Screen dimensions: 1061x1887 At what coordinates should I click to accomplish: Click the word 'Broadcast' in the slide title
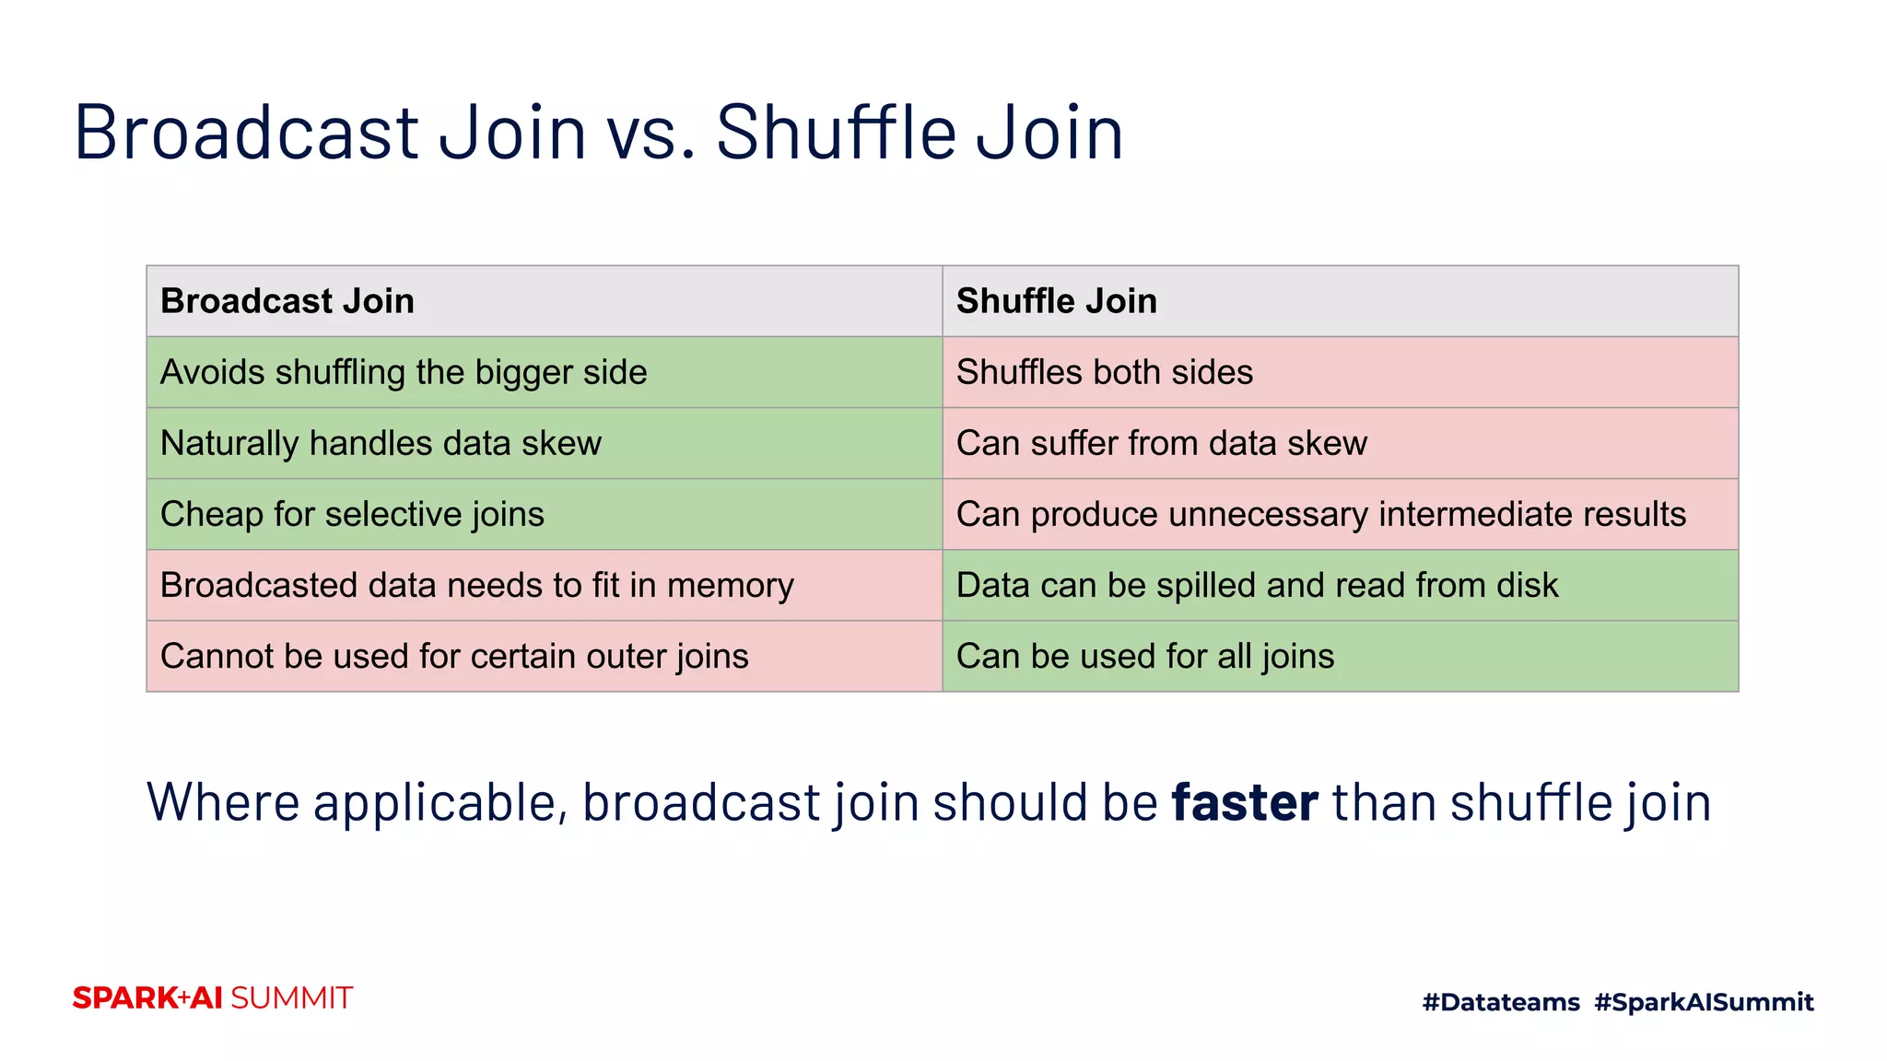247,133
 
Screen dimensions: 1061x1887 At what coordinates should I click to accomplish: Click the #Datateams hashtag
1500,1002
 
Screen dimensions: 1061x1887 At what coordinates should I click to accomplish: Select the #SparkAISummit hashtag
1704,1002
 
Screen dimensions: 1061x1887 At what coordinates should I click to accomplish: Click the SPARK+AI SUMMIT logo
213,998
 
